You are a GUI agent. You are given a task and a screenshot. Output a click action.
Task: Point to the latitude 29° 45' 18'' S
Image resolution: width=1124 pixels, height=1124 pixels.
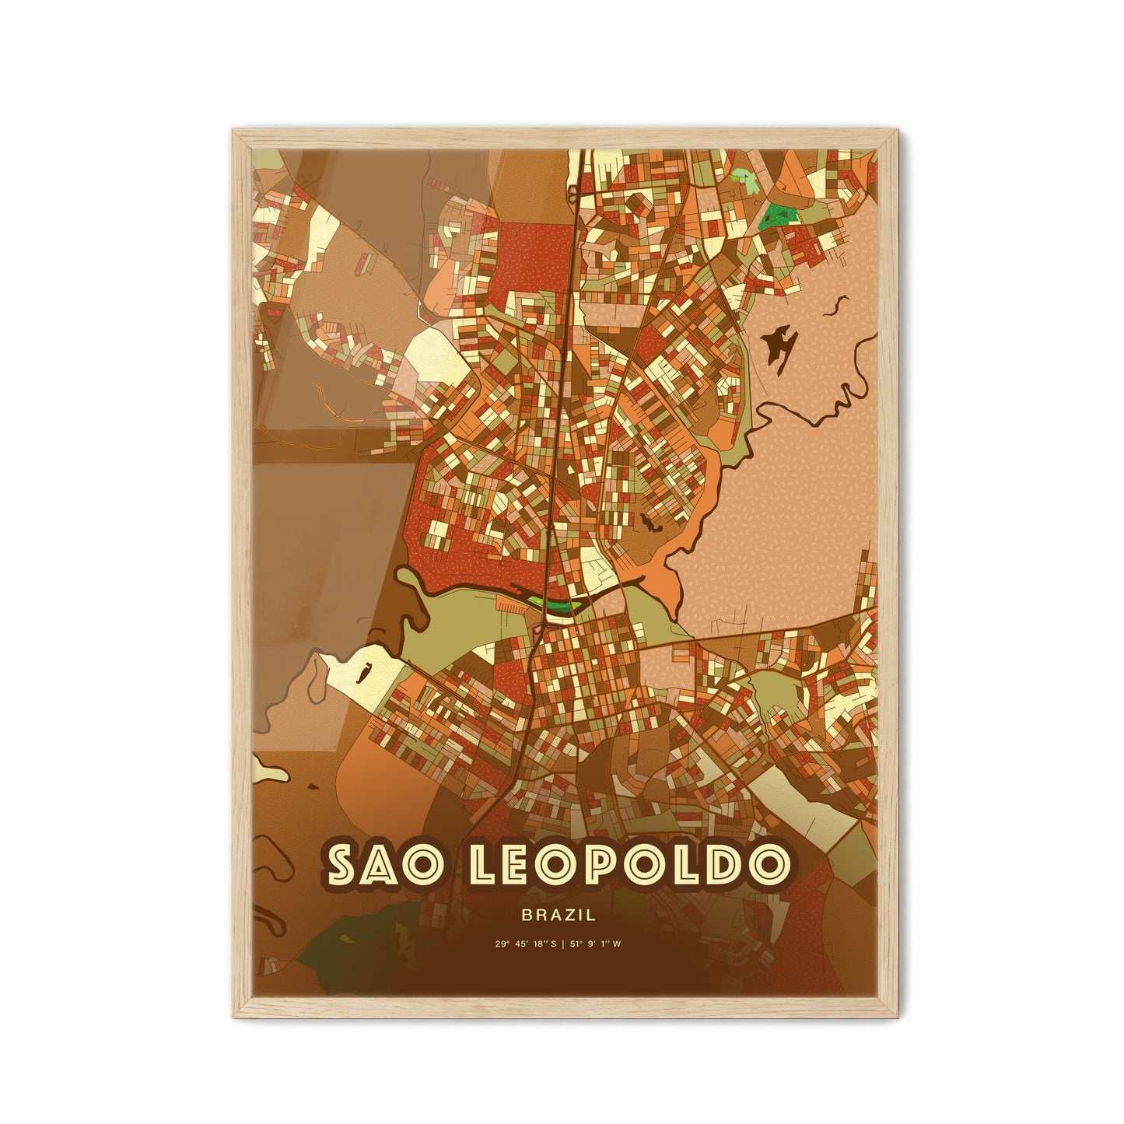[x=526, y=944]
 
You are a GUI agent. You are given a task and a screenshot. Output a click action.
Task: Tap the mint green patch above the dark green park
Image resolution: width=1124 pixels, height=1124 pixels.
[x=748, y=180]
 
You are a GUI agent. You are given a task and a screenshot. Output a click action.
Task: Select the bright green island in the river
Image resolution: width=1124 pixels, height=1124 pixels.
[x=557, y=604]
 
